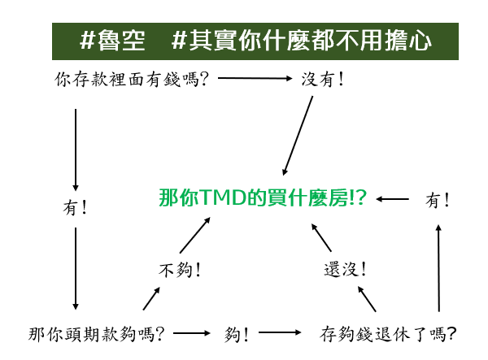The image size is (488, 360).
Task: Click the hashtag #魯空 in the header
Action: [112, 41]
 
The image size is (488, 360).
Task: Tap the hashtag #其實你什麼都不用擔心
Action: [302, 41]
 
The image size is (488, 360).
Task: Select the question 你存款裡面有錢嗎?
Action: [132, 79]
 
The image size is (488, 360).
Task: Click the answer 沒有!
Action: [322, 79]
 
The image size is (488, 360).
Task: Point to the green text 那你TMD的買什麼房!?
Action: [263, 197]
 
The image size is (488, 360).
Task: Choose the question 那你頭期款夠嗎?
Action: [96, 334]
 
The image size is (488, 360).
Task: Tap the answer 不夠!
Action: [180, 270]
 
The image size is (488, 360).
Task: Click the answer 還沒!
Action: [345, 269]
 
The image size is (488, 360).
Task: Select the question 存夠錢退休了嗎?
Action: [388, 334]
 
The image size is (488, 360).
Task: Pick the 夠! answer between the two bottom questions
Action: [236, 335]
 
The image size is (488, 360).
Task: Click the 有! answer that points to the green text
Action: [438, 200]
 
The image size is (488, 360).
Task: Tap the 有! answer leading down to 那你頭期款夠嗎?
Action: [75, 207]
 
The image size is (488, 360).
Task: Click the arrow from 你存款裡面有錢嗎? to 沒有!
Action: [255, 78]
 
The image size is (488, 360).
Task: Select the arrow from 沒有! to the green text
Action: [298, 136]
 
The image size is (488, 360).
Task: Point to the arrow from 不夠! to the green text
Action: [195, 235]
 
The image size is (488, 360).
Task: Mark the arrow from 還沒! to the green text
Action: [321, 237]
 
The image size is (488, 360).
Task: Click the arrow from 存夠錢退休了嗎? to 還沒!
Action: [367, 299]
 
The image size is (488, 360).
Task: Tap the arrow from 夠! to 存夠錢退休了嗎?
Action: [280, 332]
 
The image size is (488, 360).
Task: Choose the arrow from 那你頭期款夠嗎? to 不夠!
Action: [151, 298]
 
